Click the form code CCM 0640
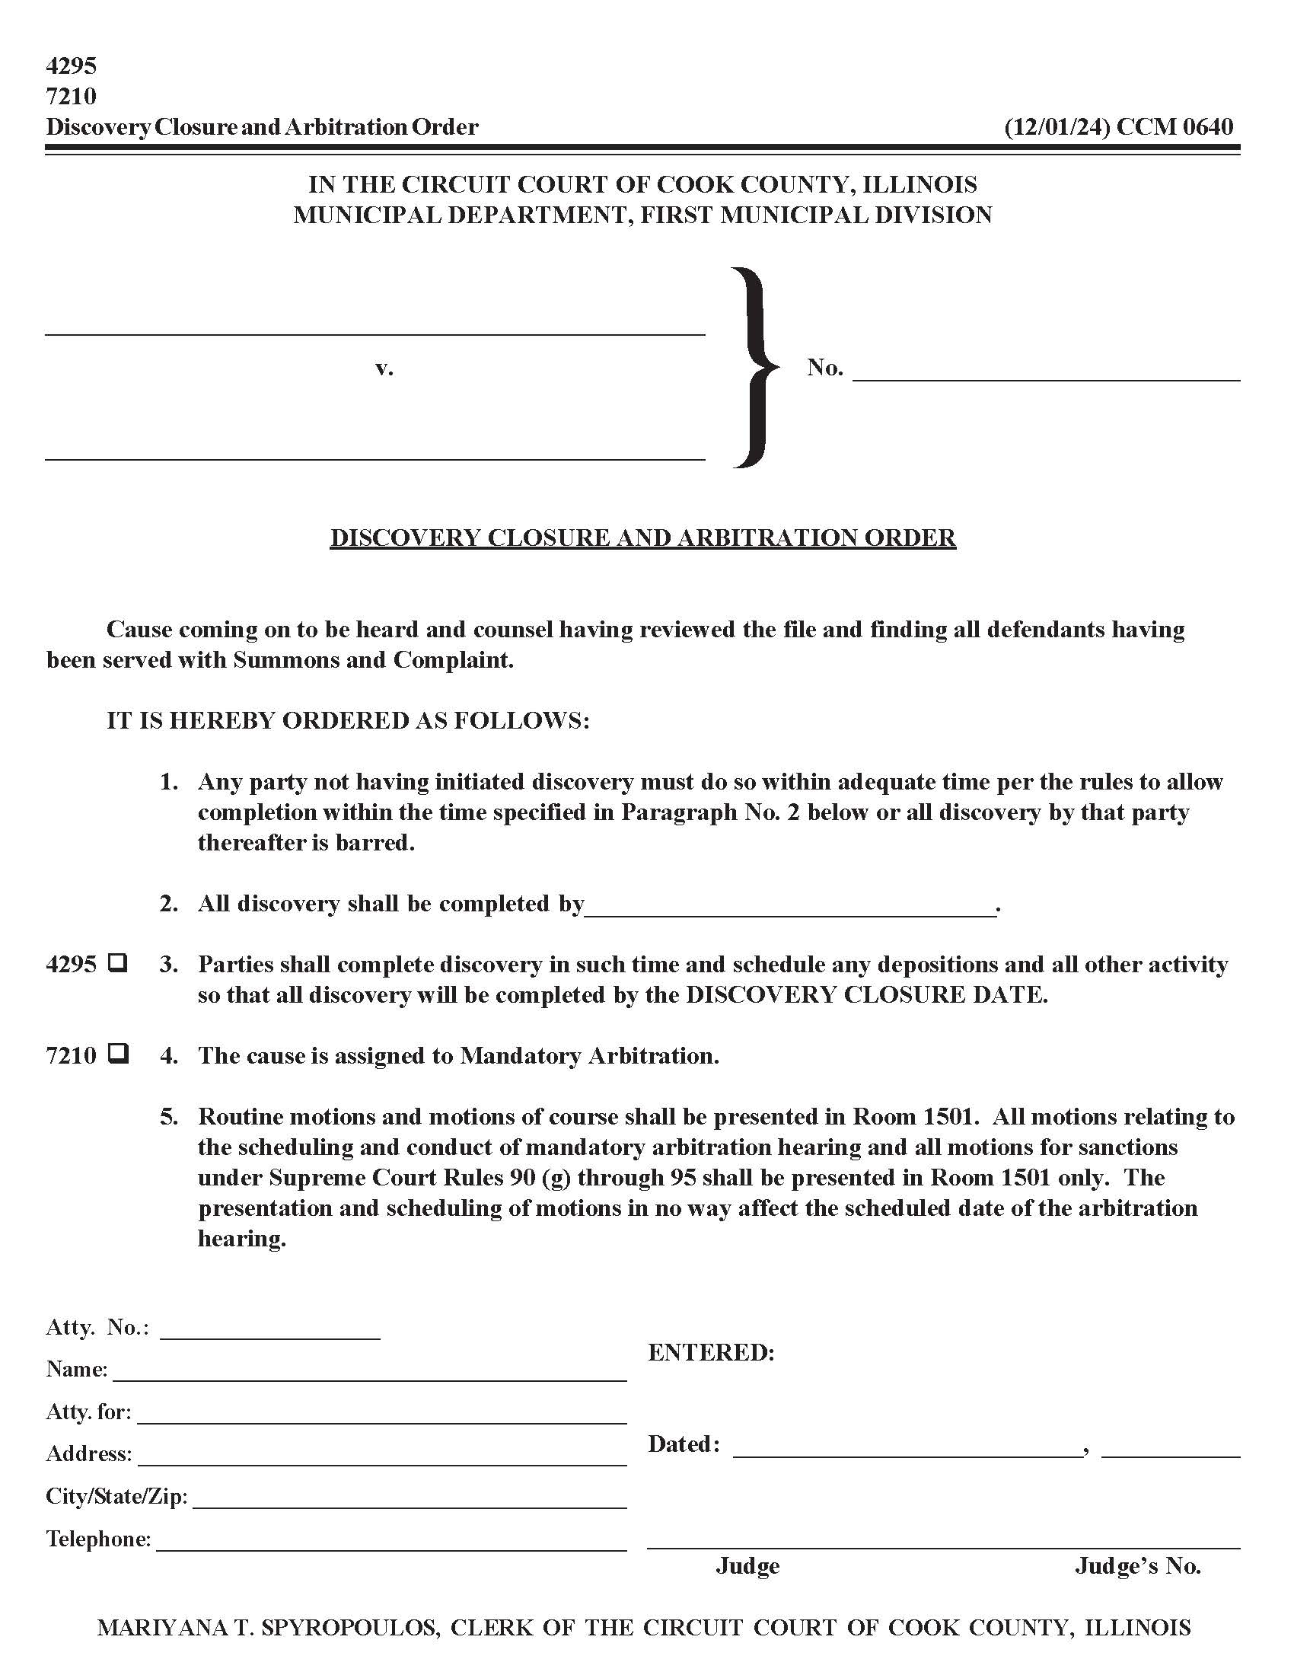(1174, 126)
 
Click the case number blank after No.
(1046, 372)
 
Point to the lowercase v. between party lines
(384, 368)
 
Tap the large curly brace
(755, 367)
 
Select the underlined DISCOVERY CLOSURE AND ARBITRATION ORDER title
(642, 537)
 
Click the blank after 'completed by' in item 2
(789, 905)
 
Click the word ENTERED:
(711, 1353)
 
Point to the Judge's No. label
(1137, 1566)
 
